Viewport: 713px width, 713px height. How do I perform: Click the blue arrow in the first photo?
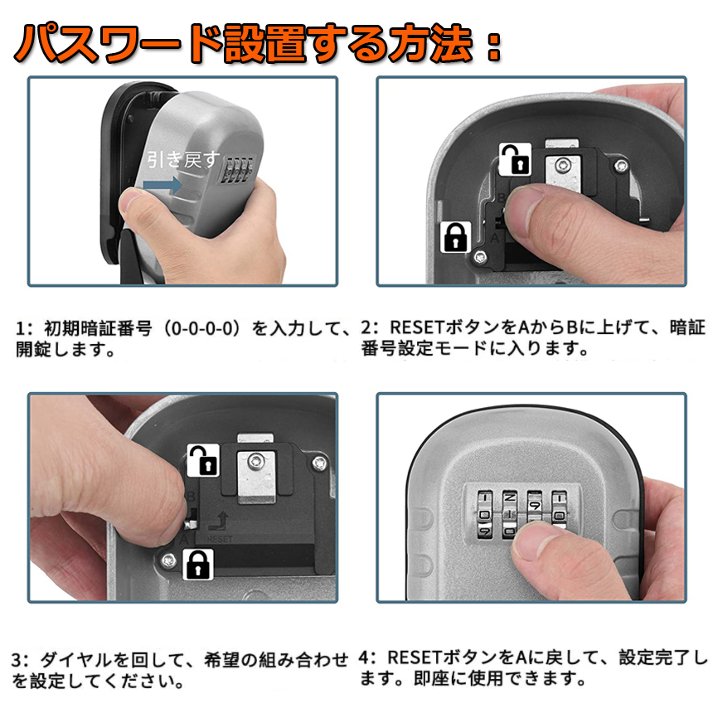[162, 185]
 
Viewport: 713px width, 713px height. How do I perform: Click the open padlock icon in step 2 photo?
[515, 159]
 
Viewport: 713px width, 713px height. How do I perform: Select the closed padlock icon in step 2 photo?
[456, 237]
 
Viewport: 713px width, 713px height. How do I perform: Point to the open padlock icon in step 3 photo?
[203, 460]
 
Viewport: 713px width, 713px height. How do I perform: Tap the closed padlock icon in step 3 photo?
[198, 565]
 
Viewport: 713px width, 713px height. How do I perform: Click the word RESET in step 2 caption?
[416, 327]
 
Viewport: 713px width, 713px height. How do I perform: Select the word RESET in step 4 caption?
[414, 657]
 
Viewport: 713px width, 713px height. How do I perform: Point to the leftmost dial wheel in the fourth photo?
[485, 514]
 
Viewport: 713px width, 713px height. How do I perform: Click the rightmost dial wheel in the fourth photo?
[559, 510]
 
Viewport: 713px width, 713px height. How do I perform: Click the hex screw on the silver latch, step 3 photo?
[255, 462]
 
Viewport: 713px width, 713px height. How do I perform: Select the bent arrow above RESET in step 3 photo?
[219, 521]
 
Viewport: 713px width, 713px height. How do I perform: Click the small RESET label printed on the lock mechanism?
[220, 539]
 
